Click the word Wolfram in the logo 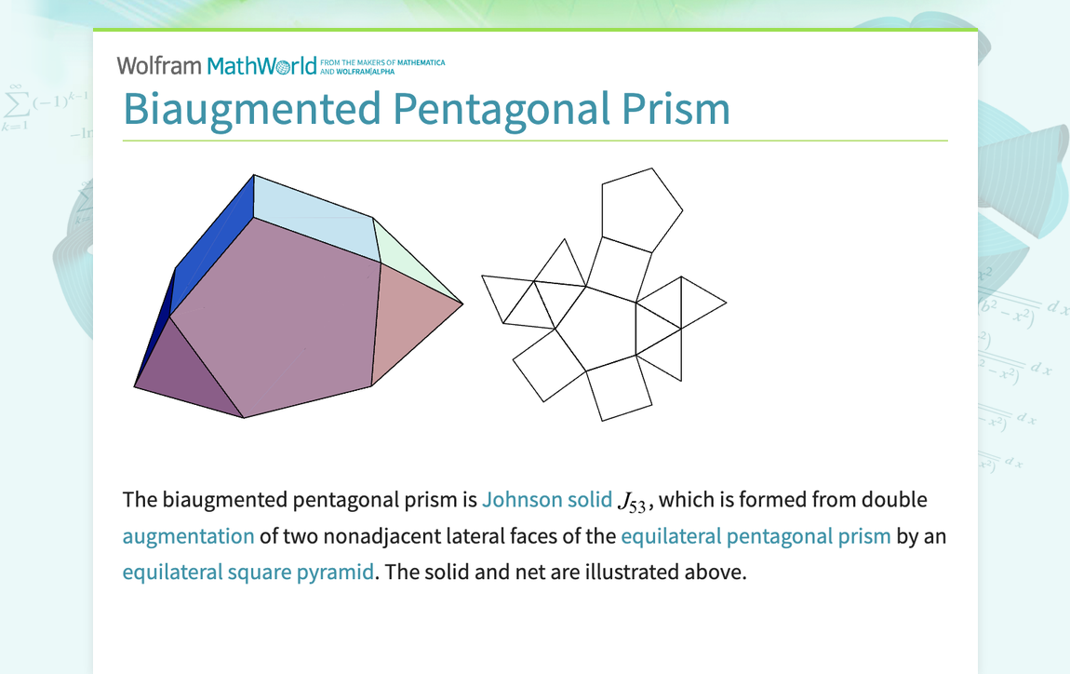click(x=159, y=65)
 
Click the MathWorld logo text click(x=261, y=66)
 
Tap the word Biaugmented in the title click(x=251, y=108)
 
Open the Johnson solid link click(x=546, y=500)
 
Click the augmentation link click(x=188, y=536)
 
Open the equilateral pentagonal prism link click(x=756, y=536)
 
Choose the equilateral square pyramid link click(x=247, y=572)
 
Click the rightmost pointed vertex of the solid click(x=462, y=303)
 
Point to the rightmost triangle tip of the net click(x=726, y=302)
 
